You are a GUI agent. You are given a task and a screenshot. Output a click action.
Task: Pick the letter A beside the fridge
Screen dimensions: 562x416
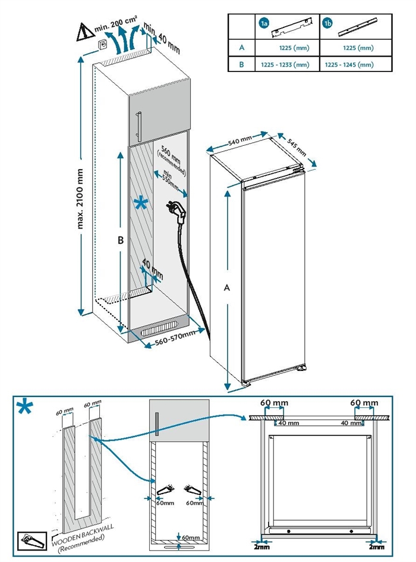coord(226,287)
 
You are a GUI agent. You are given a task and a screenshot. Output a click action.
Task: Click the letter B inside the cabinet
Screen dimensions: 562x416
coord(120,241)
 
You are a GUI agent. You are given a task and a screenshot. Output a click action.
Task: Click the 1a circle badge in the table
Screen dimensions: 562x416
coord(264,23)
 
